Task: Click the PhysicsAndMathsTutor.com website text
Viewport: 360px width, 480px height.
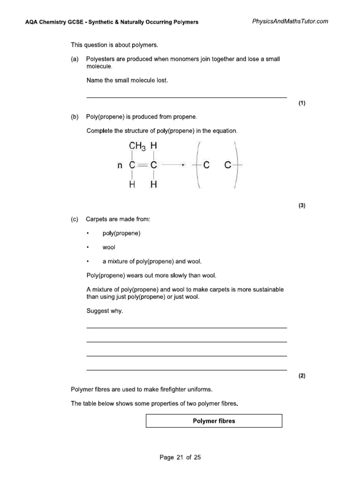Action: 290,21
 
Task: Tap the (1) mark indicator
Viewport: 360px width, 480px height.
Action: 301,103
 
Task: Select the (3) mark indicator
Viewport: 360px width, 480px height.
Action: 301,205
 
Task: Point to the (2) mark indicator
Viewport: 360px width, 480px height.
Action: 301,375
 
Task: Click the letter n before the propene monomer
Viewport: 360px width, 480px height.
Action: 119,165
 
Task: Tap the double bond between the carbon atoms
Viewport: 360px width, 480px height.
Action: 143,165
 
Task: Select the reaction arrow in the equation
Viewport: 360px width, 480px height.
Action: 174,165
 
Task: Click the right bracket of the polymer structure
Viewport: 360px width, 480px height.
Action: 238,165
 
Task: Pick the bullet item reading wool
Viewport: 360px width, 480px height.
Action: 108,247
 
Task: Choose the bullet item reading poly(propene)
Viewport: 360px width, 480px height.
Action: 121,233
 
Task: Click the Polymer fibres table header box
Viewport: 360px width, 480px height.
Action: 214,421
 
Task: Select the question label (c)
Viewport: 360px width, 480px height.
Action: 75,219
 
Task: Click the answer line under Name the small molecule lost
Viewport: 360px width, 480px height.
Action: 187,97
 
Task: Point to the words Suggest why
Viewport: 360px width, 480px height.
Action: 105,310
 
